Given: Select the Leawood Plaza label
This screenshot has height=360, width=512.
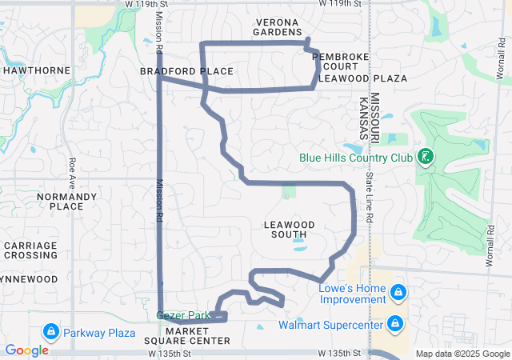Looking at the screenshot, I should [362, 78].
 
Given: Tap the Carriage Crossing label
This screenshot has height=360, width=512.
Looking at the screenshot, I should [30, 250].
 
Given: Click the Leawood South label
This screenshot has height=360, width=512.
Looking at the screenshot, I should [289, 230].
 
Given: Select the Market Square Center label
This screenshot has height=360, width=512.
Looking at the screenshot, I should [198, 335].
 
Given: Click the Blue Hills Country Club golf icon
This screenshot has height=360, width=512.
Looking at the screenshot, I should [426, 158].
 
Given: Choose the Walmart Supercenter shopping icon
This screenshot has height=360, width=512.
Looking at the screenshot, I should [394, 324].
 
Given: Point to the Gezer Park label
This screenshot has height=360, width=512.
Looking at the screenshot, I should [183, 316].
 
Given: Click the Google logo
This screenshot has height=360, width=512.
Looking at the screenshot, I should [26, 350].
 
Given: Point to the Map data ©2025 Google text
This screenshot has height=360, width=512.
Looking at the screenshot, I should [462, 354].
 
